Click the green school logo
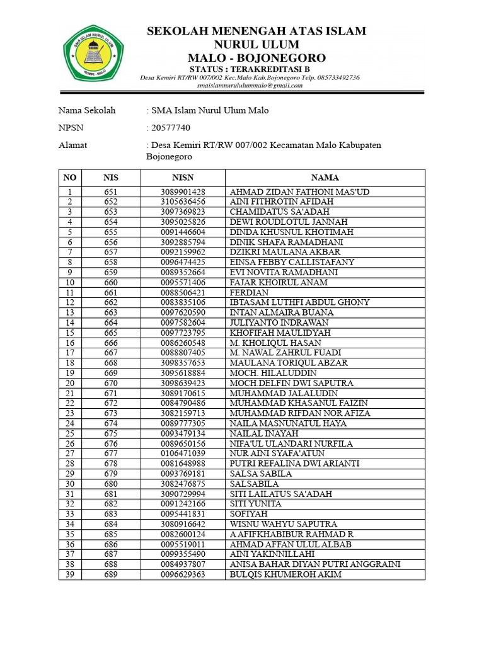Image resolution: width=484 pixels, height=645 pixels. [93, 53]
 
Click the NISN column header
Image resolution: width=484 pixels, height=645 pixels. [183, 178]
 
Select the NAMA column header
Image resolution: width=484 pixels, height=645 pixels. [325, 178]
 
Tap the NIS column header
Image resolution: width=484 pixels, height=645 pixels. [111, 178]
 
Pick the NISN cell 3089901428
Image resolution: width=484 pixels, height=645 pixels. [183, 191]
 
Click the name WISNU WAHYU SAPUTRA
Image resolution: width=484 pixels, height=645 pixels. [283, 524]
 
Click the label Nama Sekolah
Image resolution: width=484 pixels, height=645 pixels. [87, 110]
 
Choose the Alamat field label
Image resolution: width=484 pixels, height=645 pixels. [72, 146]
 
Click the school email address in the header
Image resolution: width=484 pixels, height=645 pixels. [250, 85]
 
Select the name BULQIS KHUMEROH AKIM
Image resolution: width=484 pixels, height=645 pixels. [285, 574]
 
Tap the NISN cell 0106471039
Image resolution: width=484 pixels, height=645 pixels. [183, 454]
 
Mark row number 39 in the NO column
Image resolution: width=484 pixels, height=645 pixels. [71, 574]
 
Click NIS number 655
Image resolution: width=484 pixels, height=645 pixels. [111, 232]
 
